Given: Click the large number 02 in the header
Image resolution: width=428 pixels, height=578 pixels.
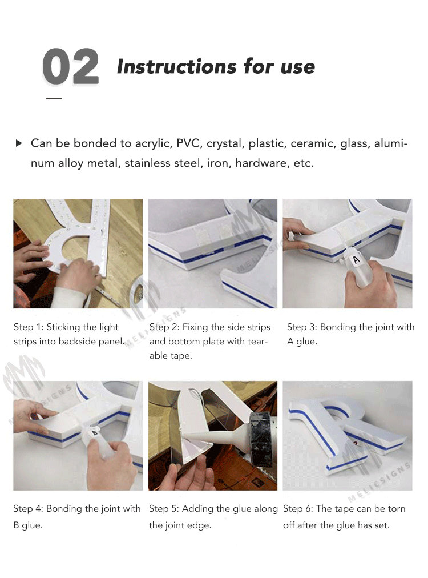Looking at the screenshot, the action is pyautogui.click(x=70, y=67).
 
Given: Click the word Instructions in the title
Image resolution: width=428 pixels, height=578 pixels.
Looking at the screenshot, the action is pyautogui.click(x=177, y=67).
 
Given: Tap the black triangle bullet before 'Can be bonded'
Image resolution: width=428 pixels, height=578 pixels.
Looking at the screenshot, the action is pyautogui.click(x=19, y=143).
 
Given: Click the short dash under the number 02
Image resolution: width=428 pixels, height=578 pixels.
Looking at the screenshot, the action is pyautogui.click(x=54, y=98).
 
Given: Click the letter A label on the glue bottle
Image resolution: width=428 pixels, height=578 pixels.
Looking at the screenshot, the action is pyautogui.click(x=356, y=259).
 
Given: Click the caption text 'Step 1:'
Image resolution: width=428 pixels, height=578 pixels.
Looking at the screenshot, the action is pyautogui.click(x=29, y=327).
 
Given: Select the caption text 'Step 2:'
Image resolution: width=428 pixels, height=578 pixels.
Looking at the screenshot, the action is pyautogui.click(x=164, y=327).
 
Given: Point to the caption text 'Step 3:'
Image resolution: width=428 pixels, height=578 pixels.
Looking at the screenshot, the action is pyautogui.click(x=302, y=327).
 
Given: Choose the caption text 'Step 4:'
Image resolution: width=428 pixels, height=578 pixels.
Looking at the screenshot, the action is pyautogui.click(x=28, y=509).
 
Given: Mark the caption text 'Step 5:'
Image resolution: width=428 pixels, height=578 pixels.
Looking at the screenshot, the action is pyautogui.click(x=164, y=509).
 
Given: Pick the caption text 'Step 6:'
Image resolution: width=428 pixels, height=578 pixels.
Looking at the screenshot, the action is pyautogui.click(x=298, y=509).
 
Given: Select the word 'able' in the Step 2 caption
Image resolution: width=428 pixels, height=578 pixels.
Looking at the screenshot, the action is pyautogui.click(x=159, y=356).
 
